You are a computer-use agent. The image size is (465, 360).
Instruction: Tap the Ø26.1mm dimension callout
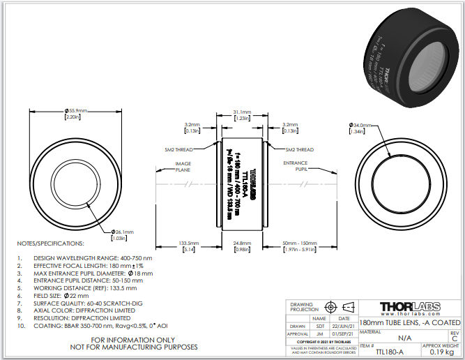pyautogui.click(x=122, y=232)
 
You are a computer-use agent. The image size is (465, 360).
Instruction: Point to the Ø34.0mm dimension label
pyautogui.click(x=369, y=124)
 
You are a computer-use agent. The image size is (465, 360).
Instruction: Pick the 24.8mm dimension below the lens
pyautogui.click(x=242, y=243)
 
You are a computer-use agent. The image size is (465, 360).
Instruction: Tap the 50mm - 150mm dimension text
pyautogui.click(x=298, y=243)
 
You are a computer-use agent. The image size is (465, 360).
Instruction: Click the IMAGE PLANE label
pyautogui.click(x=183, y=166)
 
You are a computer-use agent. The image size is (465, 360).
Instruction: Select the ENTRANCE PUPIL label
pyautogui.click(x=295, y=166)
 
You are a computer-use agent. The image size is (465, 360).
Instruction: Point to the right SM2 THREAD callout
pyautogui.click(x=300, y=149)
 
